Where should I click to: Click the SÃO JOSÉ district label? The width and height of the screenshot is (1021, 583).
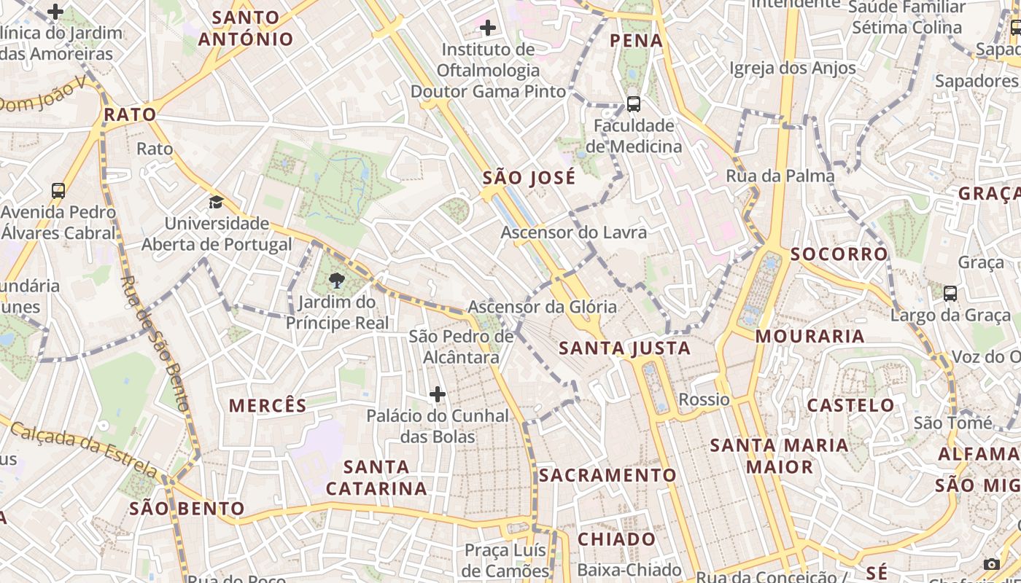coord(529,178)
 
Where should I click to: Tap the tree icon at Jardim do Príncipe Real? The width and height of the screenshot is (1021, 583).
coord(336,281)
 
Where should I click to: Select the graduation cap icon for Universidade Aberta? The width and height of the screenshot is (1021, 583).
coord(216,202)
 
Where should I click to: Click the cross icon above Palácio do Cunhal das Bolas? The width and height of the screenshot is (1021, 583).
coord(438,395)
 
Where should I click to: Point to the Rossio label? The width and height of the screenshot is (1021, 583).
coord(704,399)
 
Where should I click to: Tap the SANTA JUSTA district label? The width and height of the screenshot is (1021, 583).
coord(625,348)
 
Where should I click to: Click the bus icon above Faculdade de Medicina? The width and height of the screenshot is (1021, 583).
coord(633,104)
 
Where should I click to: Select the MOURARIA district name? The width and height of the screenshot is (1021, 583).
coord(810,336)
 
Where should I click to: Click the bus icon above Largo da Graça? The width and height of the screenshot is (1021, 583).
coord(950,294)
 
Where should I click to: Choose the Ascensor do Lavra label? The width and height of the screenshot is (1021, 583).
coord(573,232)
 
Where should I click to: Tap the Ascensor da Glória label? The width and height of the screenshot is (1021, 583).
coord(542,307)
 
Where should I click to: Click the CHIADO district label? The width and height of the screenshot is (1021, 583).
coord(617,539)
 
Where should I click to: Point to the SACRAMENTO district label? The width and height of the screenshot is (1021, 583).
coord(608,475)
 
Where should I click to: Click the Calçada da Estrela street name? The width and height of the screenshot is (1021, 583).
coord(84,450)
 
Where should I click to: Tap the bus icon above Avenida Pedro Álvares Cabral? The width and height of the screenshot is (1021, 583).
coord(58,191)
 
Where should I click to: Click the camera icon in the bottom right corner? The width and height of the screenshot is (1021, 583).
coord(991,564)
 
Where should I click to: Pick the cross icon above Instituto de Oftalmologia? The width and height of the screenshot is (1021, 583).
coord(488,28)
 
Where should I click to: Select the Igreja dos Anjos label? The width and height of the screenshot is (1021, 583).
coord(793,69)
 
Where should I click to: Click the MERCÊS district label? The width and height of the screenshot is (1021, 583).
coord(268,406)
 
